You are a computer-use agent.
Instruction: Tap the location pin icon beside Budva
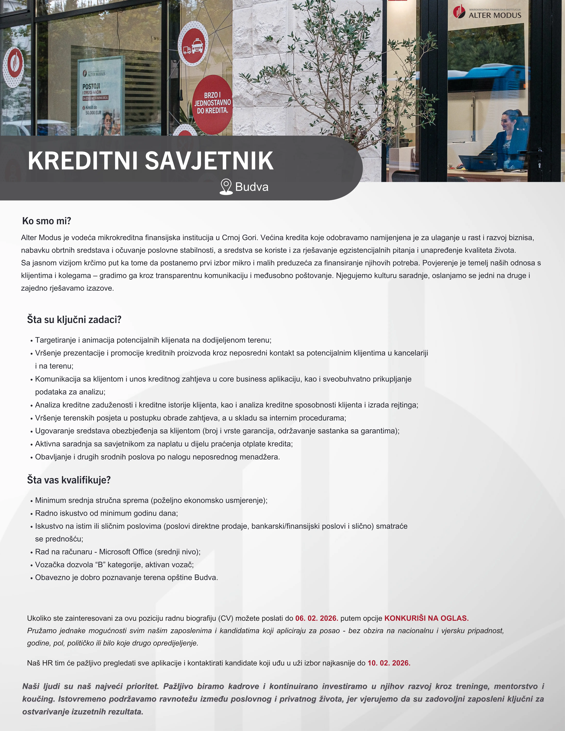coord(226,186)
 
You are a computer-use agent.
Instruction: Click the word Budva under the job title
coord(252,187)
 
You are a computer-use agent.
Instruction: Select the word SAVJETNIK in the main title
coord(209,161)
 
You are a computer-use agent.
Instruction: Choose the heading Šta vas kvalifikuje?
coord(69,480)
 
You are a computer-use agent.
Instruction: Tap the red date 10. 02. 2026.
coord(389,663)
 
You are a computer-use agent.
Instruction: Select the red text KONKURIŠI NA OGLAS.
coord(426,618)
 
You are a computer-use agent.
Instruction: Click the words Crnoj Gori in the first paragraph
coord(239,238)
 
